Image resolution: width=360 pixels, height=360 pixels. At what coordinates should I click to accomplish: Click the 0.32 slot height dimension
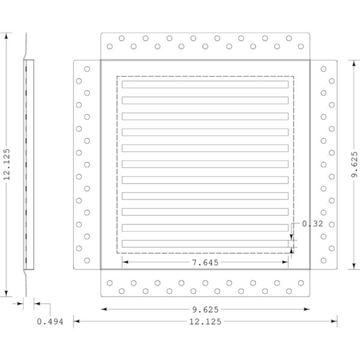312,224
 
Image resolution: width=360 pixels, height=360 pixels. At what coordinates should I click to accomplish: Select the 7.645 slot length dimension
205,262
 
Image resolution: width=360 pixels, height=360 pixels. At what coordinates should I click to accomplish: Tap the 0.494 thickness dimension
50,322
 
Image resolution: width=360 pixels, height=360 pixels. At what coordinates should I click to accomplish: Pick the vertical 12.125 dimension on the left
7,164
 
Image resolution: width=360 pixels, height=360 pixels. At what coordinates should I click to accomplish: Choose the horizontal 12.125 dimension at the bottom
205,322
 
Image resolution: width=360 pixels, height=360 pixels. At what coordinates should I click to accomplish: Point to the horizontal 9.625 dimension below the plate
205,310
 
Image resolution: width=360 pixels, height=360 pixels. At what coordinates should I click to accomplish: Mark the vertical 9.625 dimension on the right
355,164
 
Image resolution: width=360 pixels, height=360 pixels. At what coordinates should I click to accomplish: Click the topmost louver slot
205,84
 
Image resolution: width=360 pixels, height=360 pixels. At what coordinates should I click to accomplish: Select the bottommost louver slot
205,244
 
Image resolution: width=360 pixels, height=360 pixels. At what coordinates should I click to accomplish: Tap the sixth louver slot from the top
205,164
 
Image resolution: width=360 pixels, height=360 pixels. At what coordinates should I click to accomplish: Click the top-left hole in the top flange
122,38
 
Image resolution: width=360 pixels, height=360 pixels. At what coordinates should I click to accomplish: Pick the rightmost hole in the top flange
301,46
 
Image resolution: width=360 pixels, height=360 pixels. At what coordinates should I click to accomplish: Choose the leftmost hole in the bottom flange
110,283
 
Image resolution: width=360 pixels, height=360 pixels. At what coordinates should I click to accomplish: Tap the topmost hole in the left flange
87,69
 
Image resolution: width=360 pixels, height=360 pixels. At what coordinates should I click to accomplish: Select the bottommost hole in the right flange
323,260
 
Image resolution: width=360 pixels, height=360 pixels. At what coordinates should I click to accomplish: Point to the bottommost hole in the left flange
87,260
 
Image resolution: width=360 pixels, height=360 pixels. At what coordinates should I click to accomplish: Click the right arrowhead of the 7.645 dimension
285,262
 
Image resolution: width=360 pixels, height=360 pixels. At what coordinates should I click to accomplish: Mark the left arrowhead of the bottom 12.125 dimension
76,321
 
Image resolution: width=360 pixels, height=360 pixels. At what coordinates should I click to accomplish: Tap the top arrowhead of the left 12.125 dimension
6,36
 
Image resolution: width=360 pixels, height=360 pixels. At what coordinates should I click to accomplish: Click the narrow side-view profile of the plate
29,164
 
